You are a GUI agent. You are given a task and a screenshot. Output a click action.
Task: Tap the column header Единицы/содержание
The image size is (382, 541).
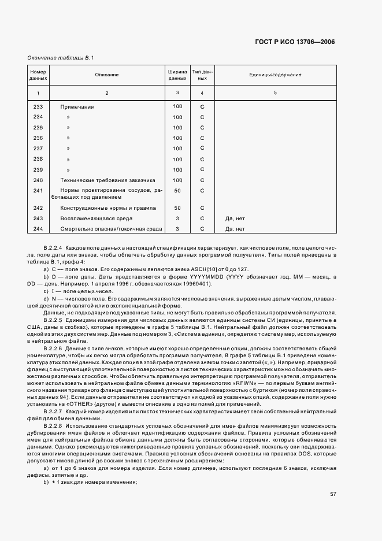(275, 75)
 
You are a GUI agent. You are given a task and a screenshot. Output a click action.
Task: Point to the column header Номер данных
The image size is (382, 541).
(38, 75)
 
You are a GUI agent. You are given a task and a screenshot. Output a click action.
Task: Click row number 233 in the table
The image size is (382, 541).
(38, 107)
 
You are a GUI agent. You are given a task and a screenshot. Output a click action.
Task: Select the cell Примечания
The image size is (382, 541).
(77, 107)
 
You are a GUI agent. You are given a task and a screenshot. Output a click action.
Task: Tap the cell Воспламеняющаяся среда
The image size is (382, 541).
(97, 218)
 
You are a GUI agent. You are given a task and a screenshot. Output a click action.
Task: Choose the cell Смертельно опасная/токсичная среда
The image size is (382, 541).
(112, 229)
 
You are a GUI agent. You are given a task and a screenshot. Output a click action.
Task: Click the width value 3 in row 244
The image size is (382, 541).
(177, 229)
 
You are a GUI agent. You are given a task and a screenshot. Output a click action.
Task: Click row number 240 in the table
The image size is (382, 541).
(38, 180)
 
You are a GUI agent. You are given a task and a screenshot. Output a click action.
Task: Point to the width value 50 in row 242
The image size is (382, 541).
(177, 208)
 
